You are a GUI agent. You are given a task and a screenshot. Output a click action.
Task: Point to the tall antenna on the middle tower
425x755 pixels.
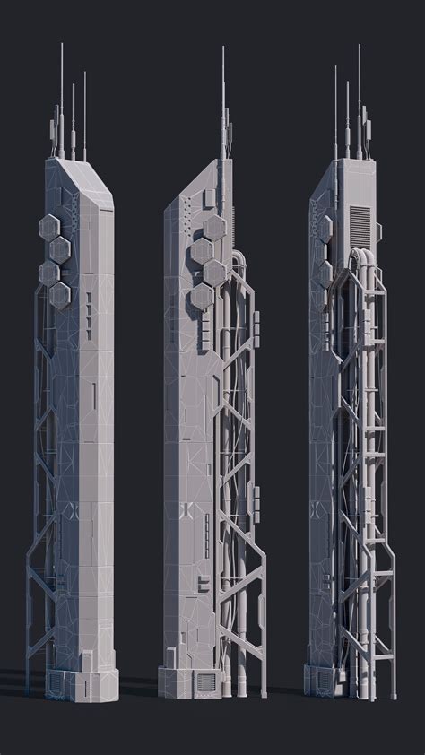[x=222, y=99]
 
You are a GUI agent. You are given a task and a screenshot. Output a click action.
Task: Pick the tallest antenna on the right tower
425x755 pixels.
[x=359, y=90]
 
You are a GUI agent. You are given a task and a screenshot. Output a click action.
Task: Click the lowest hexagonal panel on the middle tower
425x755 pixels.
[x=201, y=297]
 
